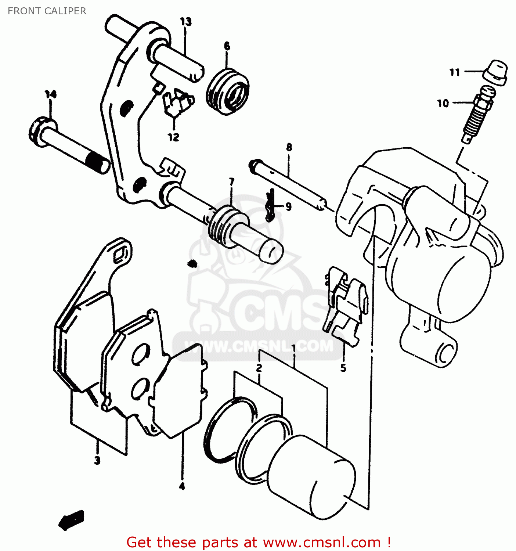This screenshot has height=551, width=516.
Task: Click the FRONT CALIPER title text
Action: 47,11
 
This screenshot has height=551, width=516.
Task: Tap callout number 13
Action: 186,22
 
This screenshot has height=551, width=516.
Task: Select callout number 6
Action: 227,46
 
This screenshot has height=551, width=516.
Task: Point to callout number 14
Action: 51,94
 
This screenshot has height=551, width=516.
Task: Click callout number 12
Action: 173,137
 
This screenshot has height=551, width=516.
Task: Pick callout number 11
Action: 455,72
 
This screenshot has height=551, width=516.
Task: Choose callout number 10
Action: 443,103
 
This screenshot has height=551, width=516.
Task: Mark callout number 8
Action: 289,147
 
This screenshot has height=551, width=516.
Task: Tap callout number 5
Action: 343,368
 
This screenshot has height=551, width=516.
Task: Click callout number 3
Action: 97,460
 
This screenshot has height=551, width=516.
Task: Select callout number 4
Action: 182,487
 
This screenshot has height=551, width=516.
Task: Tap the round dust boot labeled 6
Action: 228,92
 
